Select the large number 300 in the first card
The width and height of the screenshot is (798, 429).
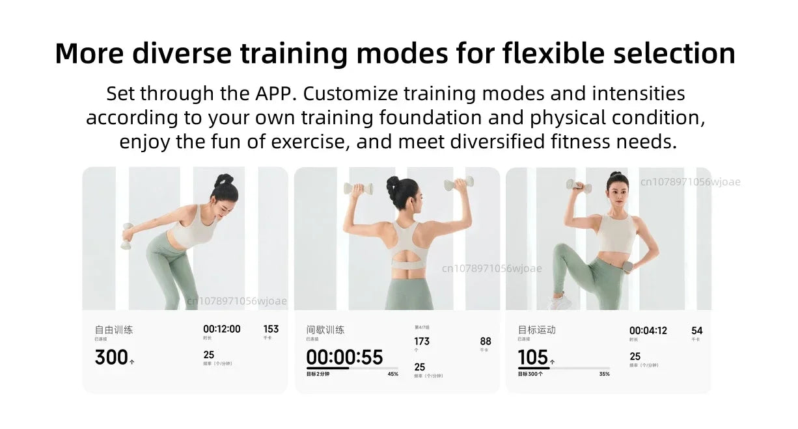(x=111, y=357)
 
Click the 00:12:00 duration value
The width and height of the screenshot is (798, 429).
(x=221, y=329)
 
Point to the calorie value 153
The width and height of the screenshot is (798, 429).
(x=271, y=329)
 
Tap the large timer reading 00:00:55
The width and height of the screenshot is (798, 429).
(x=344, y=357)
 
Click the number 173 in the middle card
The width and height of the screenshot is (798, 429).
(x=422, y=341)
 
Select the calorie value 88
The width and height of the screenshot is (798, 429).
(x=486, y=341)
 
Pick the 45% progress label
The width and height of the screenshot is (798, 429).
(x=392, y=374)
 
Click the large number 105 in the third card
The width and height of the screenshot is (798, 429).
(x=533, y=357)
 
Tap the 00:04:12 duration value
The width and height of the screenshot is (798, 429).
(x=648, y=330)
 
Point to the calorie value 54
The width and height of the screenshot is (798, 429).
(x=697, y=330)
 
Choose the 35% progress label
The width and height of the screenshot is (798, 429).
(x=604, y=374)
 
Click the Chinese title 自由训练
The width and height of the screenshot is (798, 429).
(x=114, y=330)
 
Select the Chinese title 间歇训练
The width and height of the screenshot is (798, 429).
(x=325, y=330)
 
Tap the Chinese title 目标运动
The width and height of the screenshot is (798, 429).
(x=537, y=330)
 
